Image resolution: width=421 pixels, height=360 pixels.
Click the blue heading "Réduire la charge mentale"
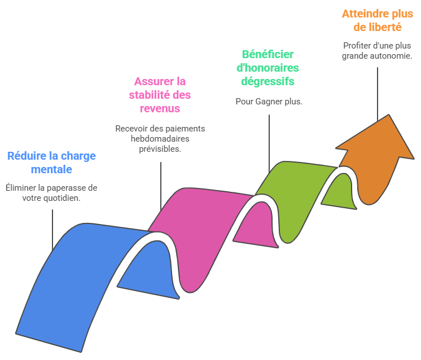51,162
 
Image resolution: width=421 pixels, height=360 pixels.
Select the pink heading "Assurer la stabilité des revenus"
160,94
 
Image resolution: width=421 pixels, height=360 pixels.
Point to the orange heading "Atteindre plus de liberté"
377,20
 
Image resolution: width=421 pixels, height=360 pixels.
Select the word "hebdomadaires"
160,139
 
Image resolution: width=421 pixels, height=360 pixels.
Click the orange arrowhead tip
389,116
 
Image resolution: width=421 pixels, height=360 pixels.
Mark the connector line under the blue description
52,229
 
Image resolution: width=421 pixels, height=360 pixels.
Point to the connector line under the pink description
161,186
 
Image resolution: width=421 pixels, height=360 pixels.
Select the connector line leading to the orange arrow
377,90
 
